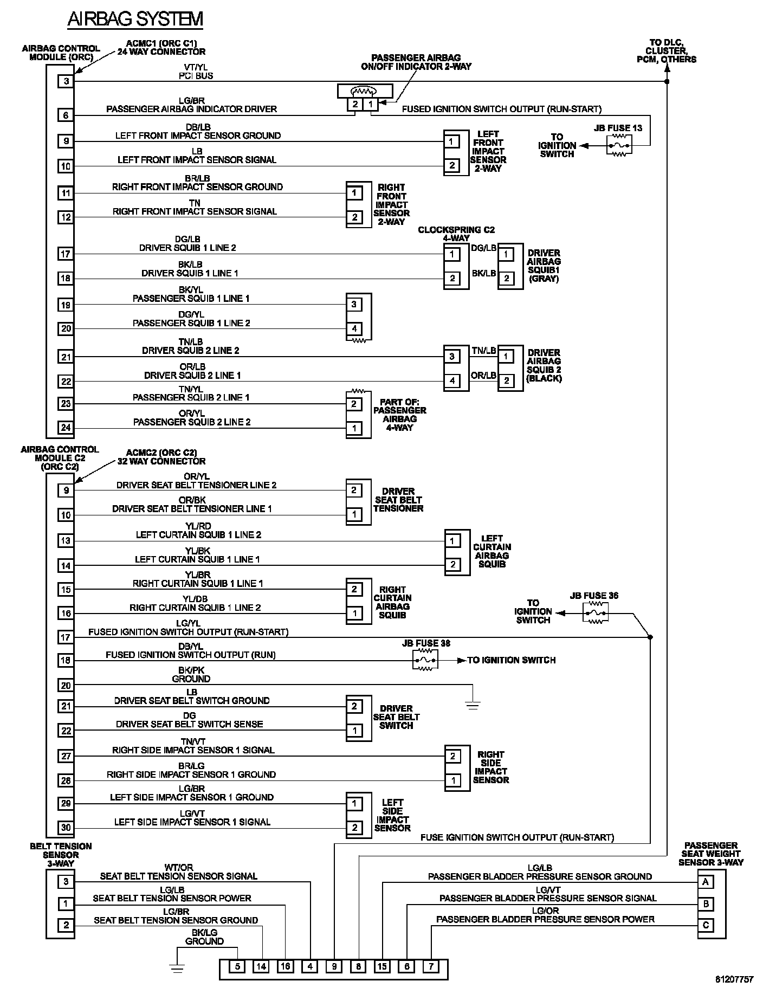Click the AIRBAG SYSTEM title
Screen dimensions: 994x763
135,19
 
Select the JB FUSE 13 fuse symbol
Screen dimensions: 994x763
619,146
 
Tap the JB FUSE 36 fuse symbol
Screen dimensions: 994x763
595,614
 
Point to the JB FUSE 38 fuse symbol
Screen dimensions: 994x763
425,660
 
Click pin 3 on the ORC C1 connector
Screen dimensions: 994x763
66,82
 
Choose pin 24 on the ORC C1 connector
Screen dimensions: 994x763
66,428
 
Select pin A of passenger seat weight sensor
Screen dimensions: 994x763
706,882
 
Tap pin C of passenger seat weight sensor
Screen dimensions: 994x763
706,925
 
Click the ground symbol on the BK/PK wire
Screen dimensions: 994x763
473,705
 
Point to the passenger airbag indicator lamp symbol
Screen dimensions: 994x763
364,91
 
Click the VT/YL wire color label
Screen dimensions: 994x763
196,67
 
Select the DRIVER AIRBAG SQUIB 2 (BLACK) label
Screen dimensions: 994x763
544,365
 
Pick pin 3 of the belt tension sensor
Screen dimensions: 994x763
66,881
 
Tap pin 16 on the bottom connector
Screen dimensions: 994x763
286,966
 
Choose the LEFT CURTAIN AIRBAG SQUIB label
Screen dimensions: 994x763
492,551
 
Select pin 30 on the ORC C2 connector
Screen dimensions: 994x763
66,828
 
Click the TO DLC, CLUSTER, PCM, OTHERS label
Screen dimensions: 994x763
667,51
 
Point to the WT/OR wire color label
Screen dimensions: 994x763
178,868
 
